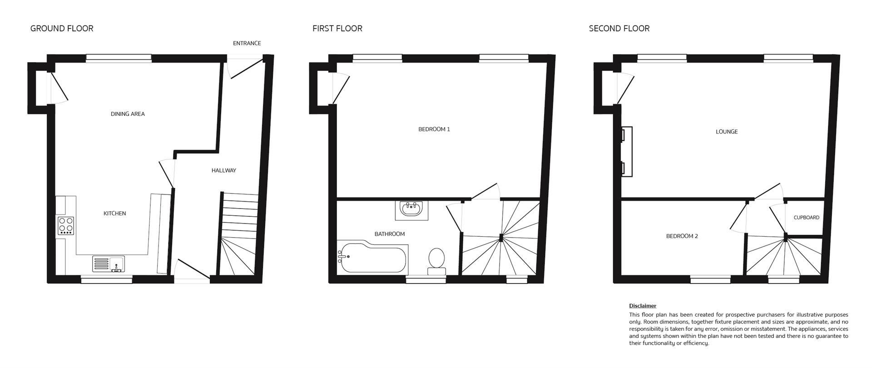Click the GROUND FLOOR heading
coord(62,29)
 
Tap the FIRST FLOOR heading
coord(337,29)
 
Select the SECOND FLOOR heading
coord(619,29)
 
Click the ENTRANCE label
coord(247,44)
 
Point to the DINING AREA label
coord(128,114)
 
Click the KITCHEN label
coord(114,214)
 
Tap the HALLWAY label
coord(224,171)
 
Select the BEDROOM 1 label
coord(434,129)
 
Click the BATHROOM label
coord(389,234)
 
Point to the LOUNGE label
coord(727,132)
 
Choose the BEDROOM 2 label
coord(682,236)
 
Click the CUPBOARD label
coord(807,218)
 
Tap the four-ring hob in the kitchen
coord(66,226)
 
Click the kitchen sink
coord(109,264)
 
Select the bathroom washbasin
coord(412,209)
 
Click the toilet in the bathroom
coord(437,262)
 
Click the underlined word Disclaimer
coord(643,306)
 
